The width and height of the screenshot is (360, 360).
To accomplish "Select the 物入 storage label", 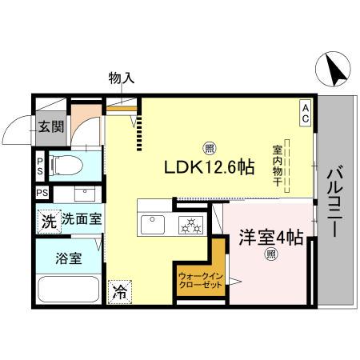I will [122, 78].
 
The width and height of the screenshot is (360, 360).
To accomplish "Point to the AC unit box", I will [306, 111].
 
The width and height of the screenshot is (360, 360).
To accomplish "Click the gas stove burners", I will [191, 225].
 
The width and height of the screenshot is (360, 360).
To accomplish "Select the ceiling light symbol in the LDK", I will [209, 147].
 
